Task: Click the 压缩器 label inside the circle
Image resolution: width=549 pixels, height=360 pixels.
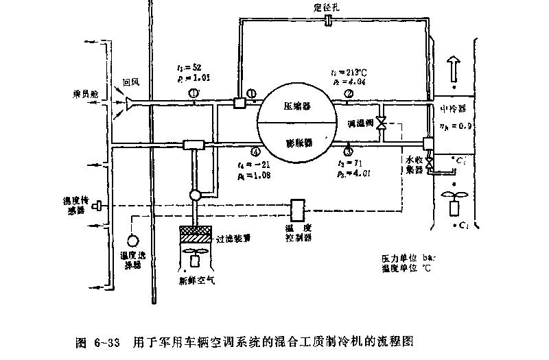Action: [297, 107]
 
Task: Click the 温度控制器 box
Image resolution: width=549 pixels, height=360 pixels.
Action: [299, 211]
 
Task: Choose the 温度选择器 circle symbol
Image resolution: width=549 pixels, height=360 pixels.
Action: [131, 240]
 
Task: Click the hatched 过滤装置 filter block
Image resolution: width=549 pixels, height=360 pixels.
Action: [196, 235]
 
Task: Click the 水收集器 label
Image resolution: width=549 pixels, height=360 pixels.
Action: [413, 164]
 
